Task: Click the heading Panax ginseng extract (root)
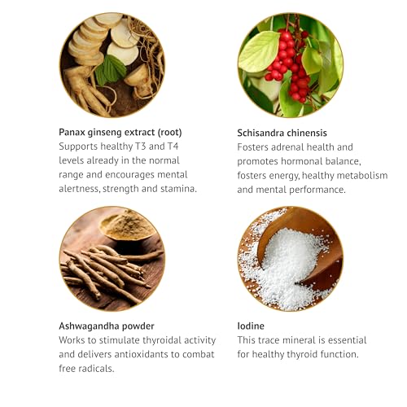[x=120, y=133]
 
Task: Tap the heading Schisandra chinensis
[x=282, y=133]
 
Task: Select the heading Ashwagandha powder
[x=107, y=326]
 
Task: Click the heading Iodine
[x=251, y=326]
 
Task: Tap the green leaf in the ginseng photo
[x=111, y=69]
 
